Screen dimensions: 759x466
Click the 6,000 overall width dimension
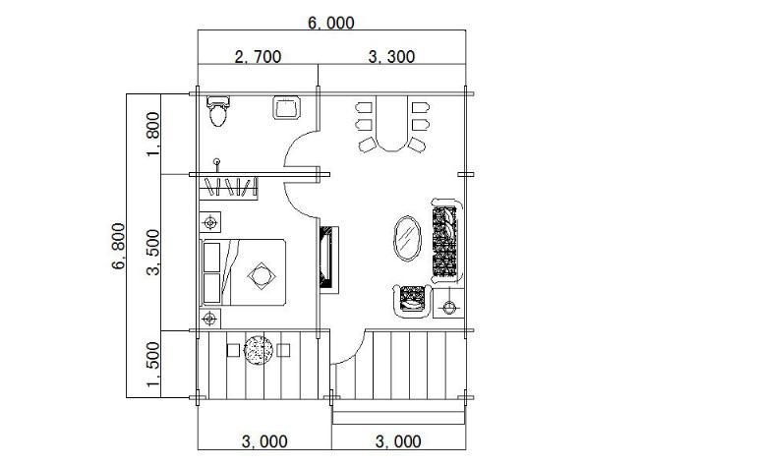(331, 23)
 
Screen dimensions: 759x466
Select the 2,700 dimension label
(258, 57)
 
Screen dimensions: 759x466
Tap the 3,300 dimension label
(391, 57)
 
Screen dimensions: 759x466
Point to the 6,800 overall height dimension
(118, 246)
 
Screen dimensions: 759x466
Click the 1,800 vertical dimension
(152, 134)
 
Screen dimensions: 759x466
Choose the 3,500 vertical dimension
(152, 252)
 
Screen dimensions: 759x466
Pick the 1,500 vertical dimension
(152, 365)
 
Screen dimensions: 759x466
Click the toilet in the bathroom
(218, 111)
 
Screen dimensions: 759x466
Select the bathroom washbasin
(286, 107)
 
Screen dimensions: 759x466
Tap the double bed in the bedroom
(243, 272)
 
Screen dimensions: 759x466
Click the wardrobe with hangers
(228, 188)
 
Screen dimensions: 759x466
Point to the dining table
(392, 124)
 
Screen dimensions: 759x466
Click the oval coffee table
(407, 238)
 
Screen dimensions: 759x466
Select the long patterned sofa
(445, 241)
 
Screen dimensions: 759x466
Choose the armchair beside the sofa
(412, 301)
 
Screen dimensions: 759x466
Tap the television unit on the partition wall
(328, 260)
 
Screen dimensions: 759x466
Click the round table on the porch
(259, 350)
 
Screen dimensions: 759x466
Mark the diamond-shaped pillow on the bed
(262, 276)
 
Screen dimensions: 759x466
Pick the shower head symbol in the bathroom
(217, 164)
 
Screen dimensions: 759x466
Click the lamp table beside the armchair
(448, 304)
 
